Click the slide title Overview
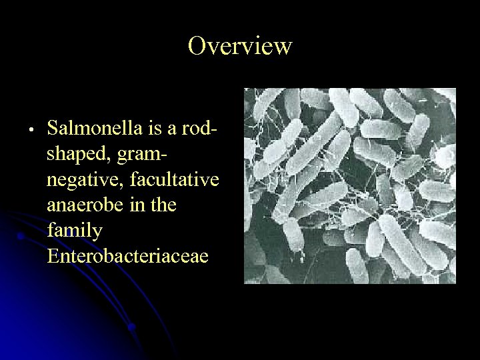click(240, 46)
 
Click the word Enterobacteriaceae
click(128, 255)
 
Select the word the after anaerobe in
click(163, 205)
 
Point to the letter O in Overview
click(197, 46)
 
